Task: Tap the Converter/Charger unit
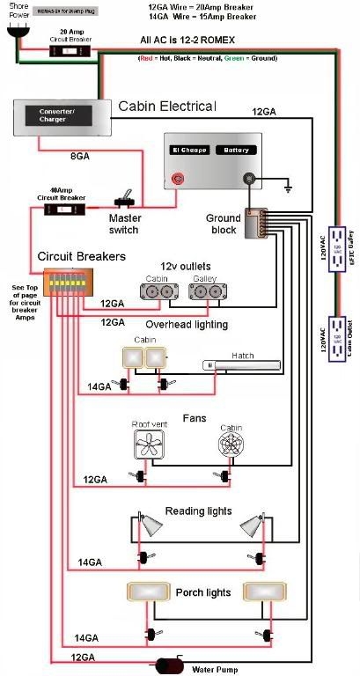click(60, 118)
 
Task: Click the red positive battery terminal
click(180, 180)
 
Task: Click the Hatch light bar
click(241, 365)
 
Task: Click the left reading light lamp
click(151, 526)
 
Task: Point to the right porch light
click(261, 591)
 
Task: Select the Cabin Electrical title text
click(167, 107)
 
